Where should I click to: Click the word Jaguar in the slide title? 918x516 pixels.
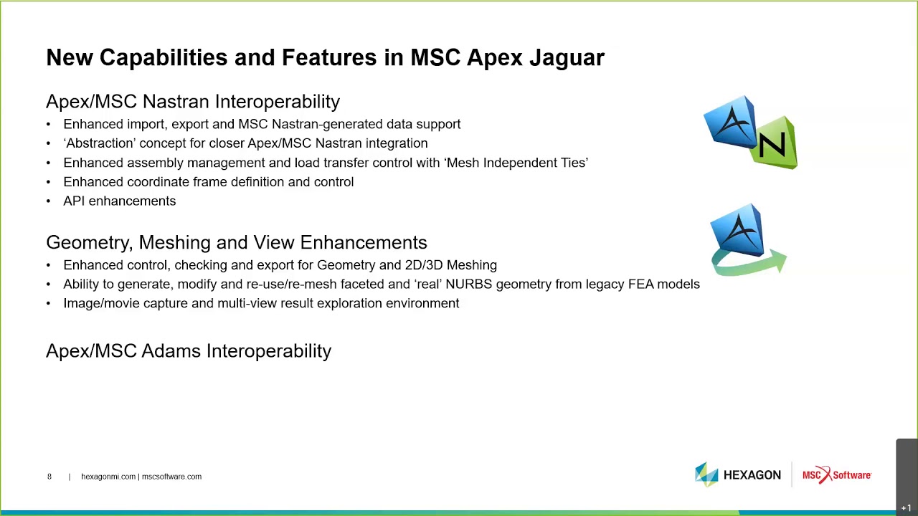tap(567, 58)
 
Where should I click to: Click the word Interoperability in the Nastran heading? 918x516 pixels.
tap(278, 102)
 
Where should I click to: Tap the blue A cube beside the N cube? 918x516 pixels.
tap(730, 122)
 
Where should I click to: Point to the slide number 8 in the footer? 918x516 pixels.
tap(49, 477)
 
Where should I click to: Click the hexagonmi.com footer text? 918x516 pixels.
tap(108, 477)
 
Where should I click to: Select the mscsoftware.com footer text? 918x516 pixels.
tap(171, 477)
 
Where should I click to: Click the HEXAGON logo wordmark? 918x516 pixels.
tap(752, 475)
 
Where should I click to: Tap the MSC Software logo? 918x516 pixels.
tap(837, 475)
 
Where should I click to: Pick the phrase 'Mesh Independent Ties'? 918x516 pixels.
tap(516, 163)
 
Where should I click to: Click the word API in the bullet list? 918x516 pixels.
tap(74, 201)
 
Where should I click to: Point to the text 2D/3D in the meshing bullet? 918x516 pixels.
tap(424, 265)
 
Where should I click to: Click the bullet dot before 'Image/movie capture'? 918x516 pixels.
tap(48, 303)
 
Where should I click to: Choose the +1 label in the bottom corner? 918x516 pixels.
tap(906, 508)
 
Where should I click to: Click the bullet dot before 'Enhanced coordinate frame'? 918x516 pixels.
tap(48, 182)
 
